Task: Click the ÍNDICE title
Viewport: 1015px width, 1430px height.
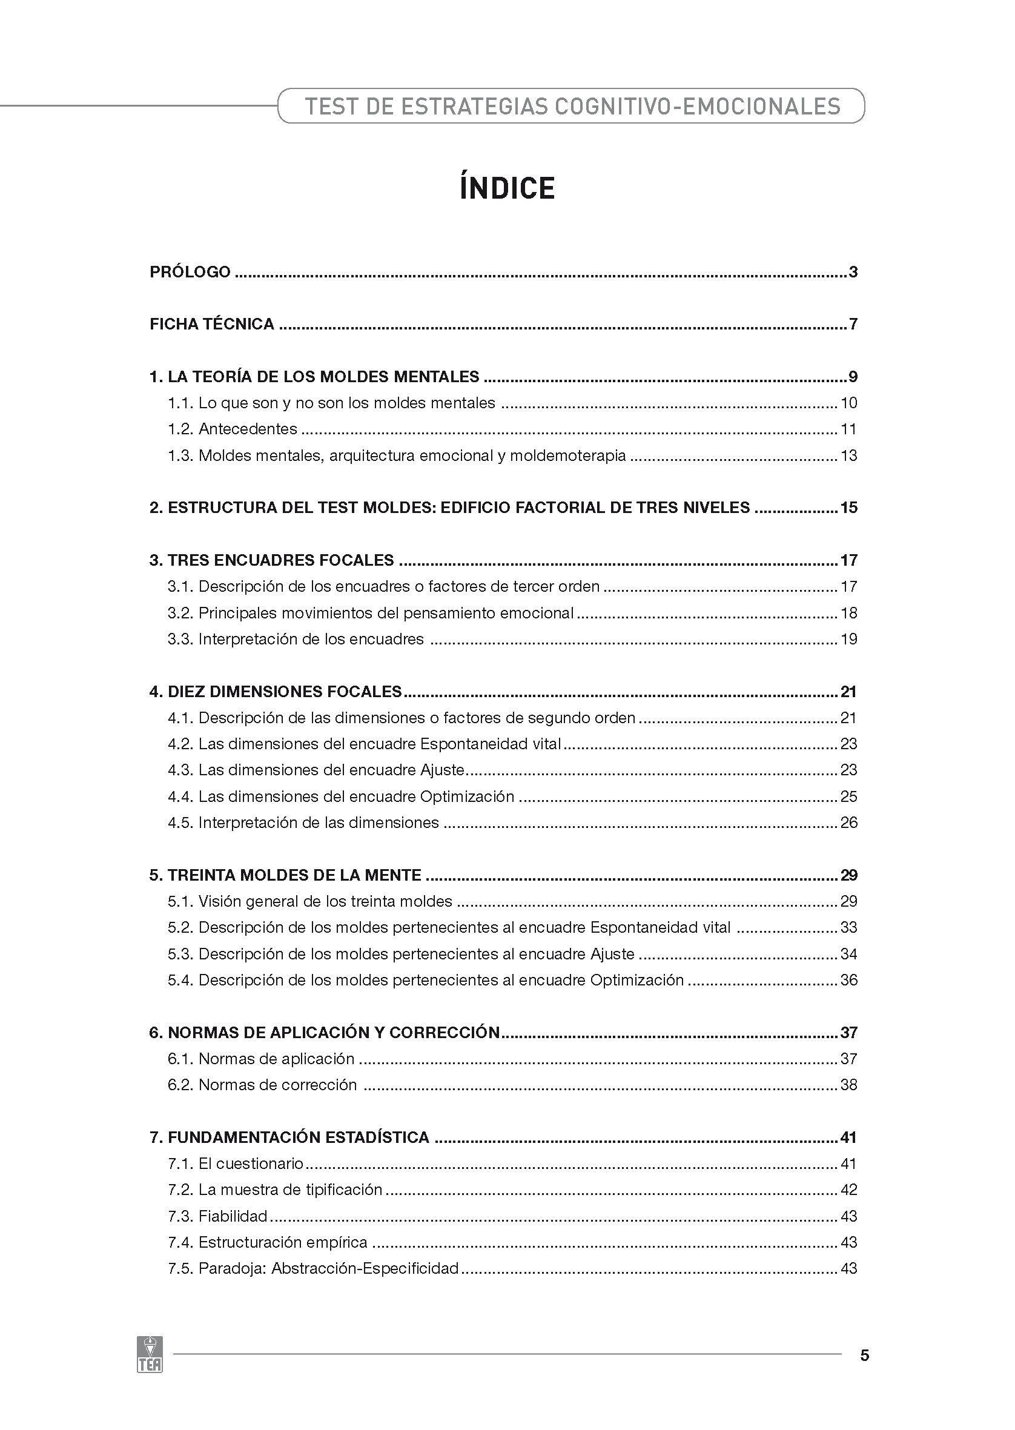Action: point(507,189)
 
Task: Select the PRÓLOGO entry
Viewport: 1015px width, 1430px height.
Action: point(190,272)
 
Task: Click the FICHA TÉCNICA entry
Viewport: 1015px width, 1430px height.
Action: point(212,324)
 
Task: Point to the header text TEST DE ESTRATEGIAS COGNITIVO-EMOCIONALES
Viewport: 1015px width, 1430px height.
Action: point(572,106)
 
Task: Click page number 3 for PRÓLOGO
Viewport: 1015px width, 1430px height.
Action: point(853,272)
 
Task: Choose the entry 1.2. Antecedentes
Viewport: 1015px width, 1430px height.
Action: point(233,429)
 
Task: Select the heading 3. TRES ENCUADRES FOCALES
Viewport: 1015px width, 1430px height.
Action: point(272,560)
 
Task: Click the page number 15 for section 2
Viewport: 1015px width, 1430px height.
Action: point(848,508)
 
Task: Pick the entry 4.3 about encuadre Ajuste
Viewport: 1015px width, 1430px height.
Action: point(316,770)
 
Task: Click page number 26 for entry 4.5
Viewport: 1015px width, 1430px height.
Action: point(848,823)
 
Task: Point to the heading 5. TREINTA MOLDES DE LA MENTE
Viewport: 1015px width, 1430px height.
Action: point(285,875)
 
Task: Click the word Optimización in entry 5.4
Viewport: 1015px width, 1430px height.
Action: point(637,980)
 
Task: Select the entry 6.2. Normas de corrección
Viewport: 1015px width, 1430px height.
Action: point(262,1084)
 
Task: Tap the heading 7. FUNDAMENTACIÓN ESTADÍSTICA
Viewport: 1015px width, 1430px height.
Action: point(289,1137)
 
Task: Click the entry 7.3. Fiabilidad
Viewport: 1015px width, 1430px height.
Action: point(217,1216)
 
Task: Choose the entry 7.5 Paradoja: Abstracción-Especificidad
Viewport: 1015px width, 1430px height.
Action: point(313,1268)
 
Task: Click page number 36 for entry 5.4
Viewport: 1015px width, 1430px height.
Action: point(848,980)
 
